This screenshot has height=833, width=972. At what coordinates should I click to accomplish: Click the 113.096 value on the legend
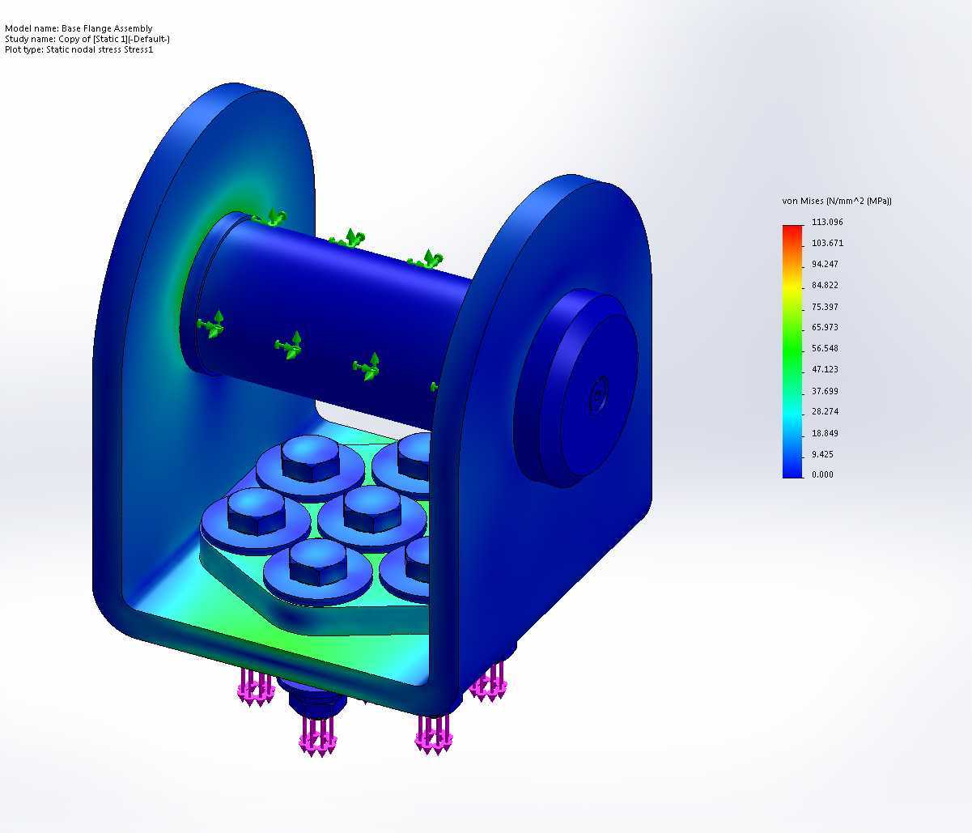click(x=827, y=222)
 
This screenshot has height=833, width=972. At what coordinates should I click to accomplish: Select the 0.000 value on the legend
click(x=822, y=474)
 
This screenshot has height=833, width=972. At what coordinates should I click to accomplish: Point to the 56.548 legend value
click(x=825, y=349)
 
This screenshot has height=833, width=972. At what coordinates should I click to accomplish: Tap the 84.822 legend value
click(x=825, y=285)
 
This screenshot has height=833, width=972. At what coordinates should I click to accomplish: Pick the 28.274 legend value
click(x=825, y=411)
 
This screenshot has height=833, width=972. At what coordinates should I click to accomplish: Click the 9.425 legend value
click(x=822, y=454)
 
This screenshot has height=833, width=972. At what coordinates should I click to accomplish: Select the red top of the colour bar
click(x=793, y=228)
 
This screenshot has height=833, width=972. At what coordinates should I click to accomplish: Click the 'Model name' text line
click(x=79, y=28)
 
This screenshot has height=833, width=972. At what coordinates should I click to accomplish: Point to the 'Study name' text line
click(x=87, y=39)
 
